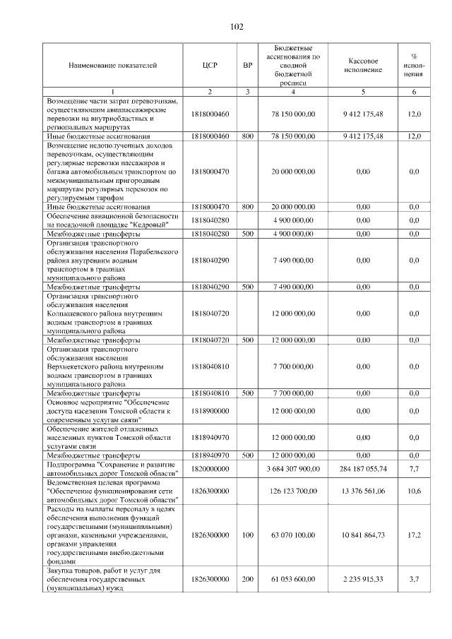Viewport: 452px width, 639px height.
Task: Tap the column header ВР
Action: (247, 64)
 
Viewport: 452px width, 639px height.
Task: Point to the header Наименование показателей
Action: (113, 64)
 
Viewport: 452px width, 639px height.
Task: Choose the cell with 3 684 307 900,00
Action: (293, 468)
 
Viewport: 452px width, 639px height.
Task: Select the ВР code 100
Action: (247, 536)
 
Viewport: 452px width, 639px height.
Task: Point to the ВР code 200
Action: (247, 578)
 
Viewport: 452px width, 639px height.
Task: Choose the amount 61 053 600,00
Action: (293, 578)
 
